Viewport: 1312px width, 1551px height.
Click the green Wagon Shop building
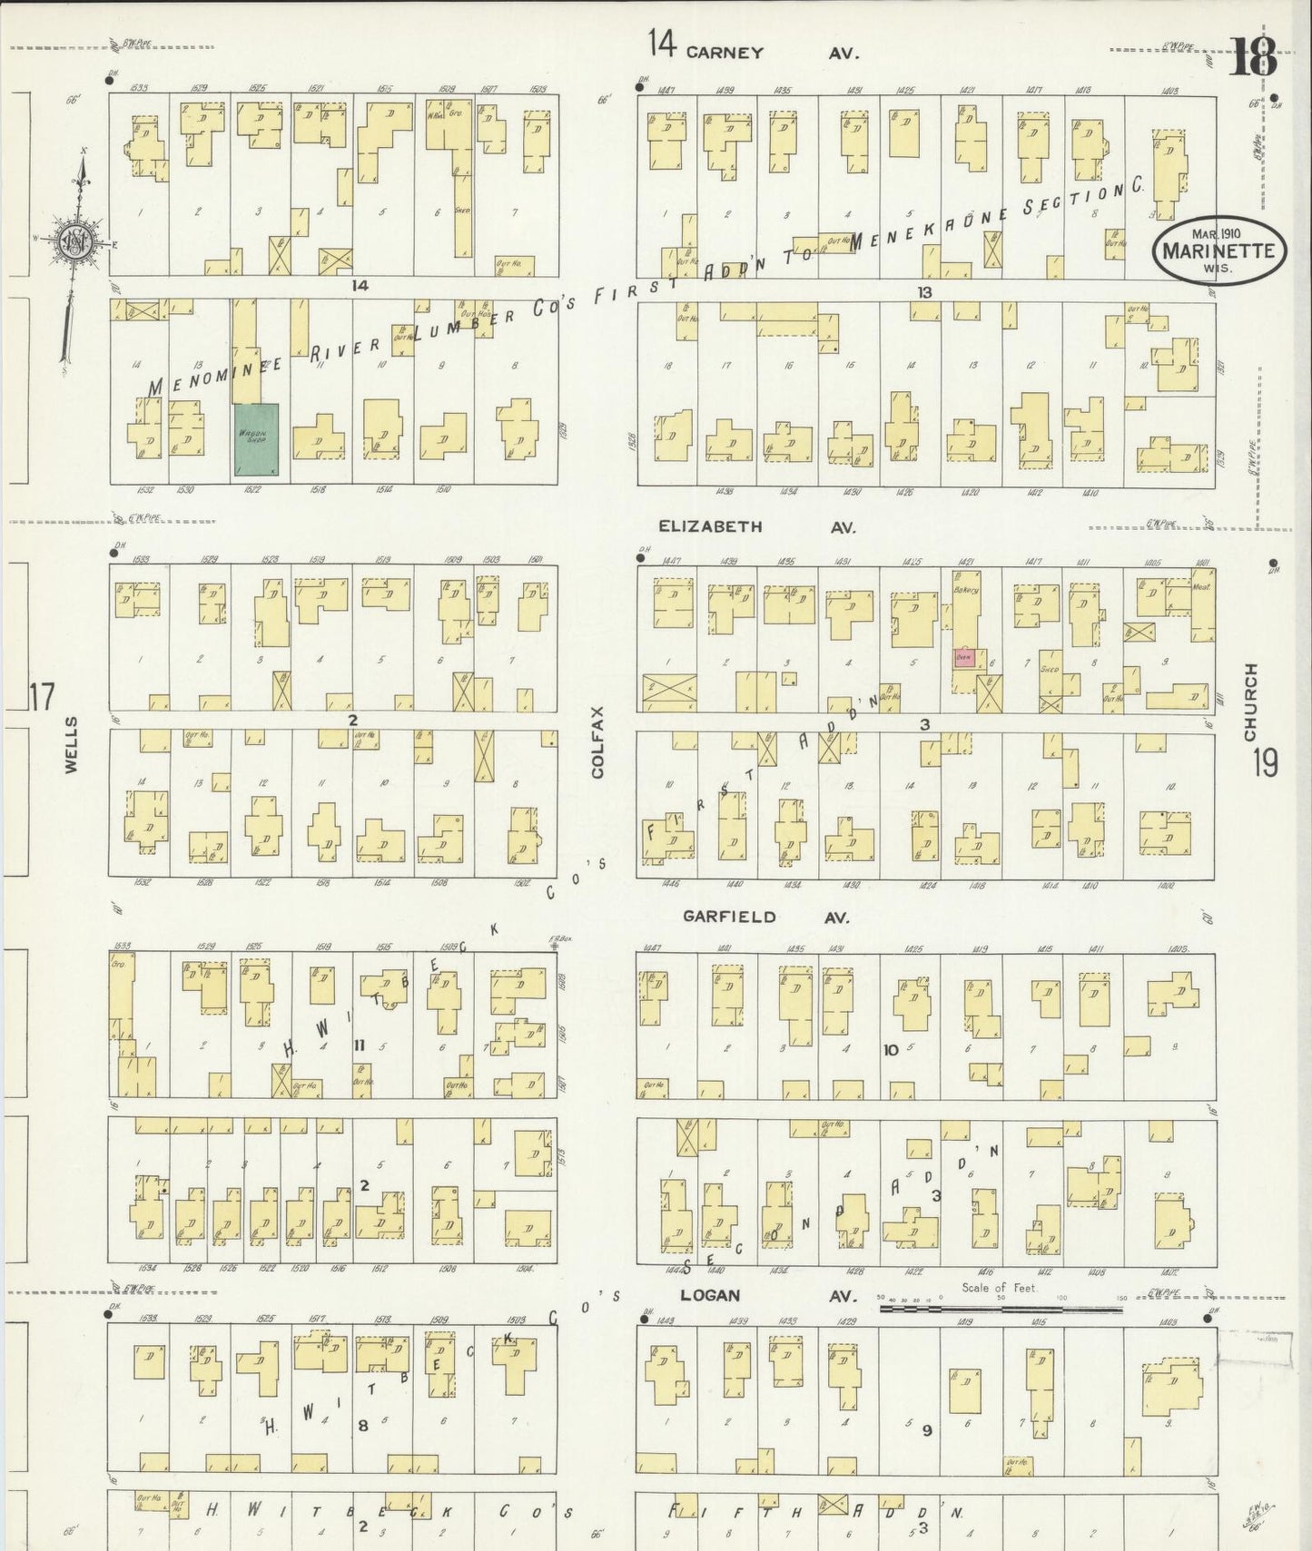click(x=257, y=439)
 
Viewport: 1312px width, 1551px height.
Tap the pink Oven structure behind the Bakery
click(x=964, y=658)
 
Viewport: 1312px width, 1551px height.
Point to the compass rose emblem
click(x=73, y=241)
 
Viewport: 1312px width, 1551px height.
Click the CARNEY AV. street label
click(x=772, y=53)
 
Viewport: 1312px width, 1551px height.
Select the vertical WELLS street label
click(x=71, y=744)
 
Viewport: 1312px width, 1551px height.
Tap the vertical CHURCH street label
click(x=1251, y=701)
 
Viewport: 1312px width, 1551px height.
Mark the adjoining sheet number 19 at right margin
click(x=1265, y=762)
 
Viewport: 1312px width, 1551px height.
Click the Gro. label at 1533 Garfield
click(x=118, y=962)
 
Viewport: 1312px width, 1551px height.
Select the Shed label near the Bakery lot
click(x=1050, y=670)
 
